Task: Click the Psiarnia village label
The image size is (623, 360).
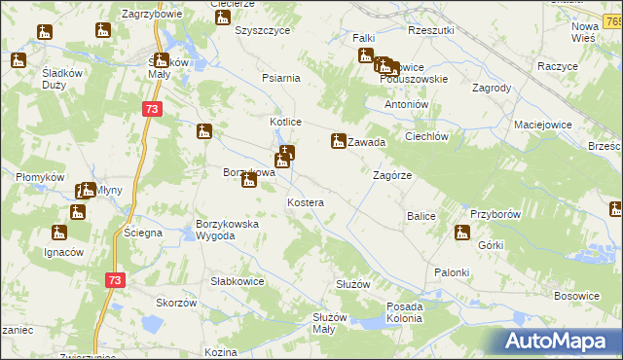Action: [281, 78]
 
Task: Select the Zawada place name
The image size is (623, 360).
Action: [367, 142]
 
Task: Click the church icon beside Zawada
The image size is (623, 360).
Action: [339, 141]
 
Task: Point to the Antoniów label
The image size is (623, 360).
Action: [407, 104]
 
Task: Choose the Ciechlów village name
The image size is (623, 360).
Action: [425, 137]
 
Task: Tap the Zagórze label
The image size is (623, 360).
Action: [393, 175]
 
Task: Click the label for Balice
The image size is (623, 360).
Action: [421, 215]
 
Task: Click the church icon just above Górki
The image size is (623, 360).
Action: [462, 233]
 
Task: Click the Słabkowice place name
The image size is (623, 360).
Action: [238, 281]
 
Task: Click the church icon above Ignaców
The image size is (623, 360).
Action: [59, 233]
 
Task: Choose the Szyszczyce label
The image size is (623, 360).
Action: [263, 30]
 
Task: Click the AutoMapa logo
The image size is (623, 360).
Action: [558, 342]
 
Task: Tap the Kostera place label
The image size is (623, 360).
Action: [305, 201]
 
